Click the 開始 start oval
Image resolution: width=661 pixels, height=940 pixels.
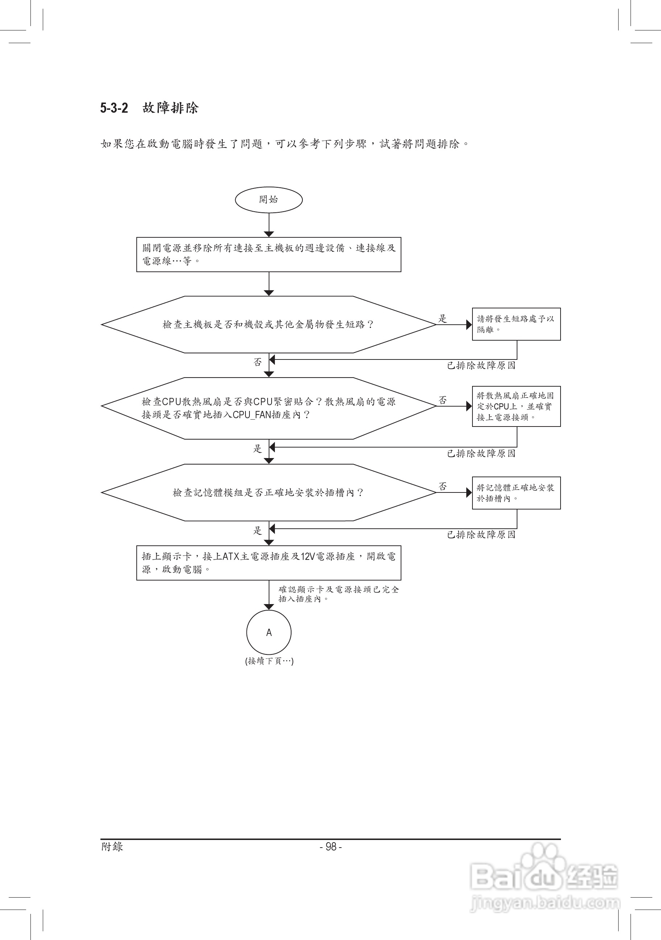click(269, 200)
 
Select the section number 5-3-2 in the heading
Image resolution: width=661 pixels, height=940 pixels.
click(114, 108)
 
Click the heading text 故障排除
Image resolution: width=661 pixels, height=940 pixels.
click(170, 108)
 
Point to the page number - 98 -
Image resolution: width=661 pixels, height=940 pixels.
click(331, 847)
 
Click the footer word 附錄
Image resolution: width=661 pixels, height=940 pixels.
click(112, 847)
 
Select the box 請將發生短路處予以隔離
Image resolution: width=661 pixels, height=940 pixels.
click(516, 324)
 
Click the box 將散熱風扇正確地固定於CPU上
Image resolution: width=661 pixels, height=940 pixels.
click(516, 406)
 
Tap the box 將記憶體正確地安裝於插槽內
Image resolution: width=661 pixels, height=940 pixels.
click(516, 493)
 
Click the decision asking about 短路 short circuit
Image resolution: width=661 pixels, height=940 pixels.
click(269, 324)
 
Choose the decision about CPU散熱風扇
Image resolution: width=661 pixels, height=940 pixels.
click(269, 408)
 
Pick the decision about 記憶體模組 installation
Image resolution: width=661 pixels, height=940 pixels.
click(269, 492)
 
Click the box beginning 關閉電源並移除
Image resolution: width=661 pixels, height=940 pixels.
click(269, 254)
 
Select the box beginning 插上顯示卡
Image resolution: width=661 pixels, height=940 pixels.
click(269, 562)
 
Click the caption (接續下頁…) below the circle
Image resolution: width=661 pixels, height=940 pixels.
click(269, 661)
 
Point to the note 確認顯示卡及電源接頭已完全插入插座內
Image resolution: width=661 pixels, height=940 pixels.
click(339, 594)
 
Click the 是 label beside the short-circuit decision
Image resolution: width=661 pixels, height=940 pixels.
click(443, 318)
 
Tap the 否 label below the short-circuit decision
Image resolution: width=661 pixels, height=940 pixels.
click(257, 362)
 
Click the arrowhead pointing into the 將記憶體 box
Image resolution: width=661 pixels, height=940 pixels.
click(469, 492)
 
